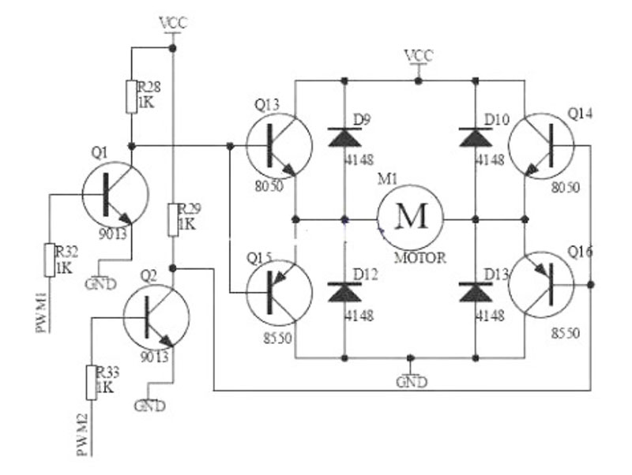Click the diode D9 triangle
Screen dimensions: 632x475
point(344,137)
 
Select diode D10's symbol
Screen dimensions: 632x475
point(476,137)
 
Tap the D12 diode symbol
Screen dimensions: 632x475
point(344,292)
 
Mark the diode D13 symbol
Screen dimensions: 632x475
point(476,292)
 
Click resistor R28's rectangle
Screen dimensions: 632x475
point(131,96)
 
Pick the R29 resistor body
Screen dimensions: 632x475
point(173,220)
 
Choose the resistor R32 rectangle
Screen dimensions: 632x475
point(50,260)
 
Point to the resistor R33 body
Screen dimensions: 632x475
point(92,383)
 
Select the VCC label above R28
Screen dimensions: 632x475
point(174,23)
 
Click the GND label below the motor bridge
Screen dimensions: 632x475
point(411,381)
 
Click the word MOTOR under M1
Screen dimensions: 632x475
point(420,258)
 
